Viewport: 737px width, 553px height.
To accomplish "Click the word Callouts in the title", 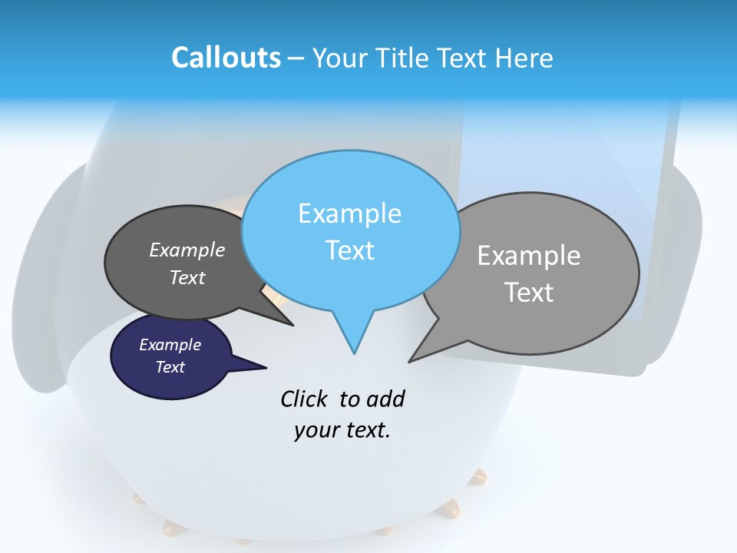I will tap(226, 58).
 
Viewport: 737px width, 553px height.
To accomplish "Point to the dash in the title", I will tap(296, 58).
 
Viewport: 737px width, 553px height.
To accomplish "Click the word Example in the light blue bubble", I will tap(350, 214).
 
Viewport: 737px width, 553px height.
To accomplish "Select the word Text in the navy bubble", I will tap(170, 367).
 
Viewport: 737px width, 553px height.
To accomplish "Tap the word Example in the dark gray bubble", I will tap(187, 250).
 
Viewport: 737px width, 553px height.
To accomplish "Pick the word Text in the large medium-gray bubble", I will tap(530, 293).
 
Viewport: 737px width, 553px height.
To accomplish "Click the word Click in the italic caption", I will tap(305, 399).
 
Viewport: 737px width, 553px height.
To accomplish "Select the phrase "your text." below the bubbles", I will tap(342, 431).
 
